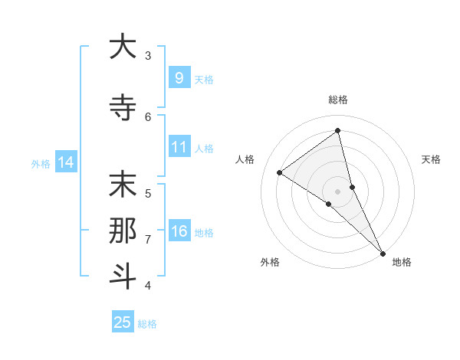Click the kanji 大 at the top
122,47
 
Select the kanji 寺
122,108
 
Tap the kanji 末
122,185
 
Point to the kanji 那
122,231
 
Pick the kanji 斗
122,277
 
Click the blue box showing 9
179,77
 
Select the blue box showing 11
179,147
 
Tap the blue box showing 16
179,231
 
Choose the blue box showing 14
65,162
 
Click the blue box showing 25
123,322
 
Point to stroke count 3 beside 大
148,55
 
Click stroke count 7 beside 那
148,240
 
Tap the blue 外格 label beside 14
41,163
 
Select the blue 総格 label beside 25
147,324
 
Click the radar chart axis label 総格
338,100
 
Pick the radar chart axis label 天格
432,159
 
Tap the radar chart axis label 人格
245,159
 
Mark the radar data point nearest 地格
383,252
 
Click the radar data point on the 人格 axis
279,172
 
